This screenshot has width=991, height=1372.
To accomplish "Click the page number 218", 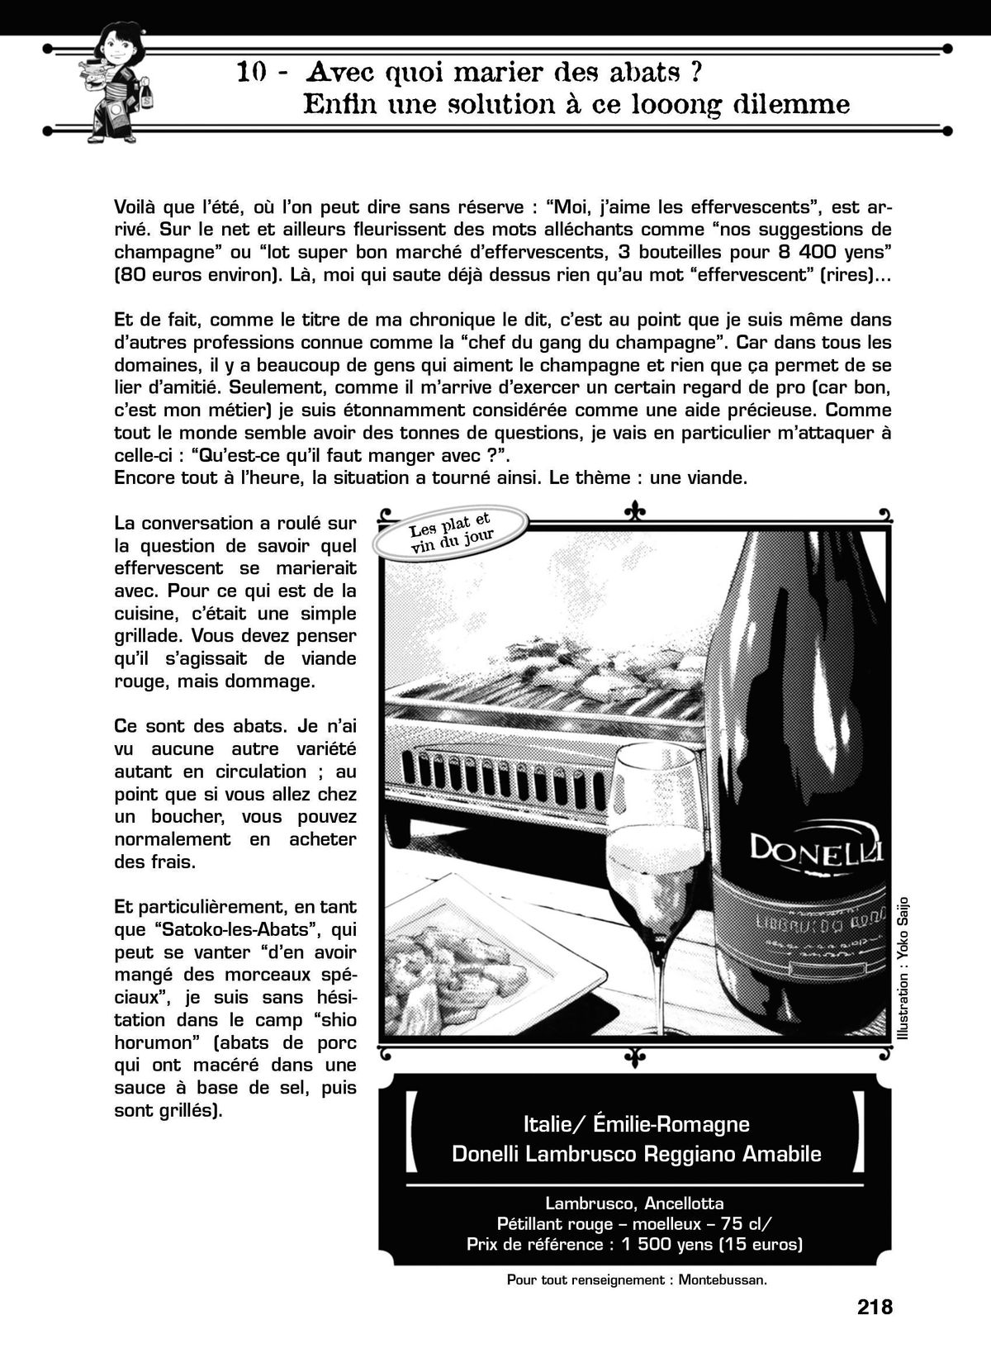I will point(875,1307).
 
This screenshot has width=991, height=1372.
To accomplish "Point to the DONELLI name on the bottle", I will point(815,847).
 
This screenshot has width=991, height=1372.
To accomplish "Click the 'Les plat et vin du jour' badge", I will point(451,533).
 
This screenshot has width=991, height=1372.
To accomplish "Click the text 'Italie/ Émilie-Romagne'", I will point(636,1123).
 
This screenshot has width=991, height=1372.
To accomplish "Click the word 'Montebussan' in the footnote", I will point(722,1280).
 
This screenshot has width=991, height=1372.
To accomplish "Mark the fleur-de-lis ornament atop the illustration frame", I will point(634,512).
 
